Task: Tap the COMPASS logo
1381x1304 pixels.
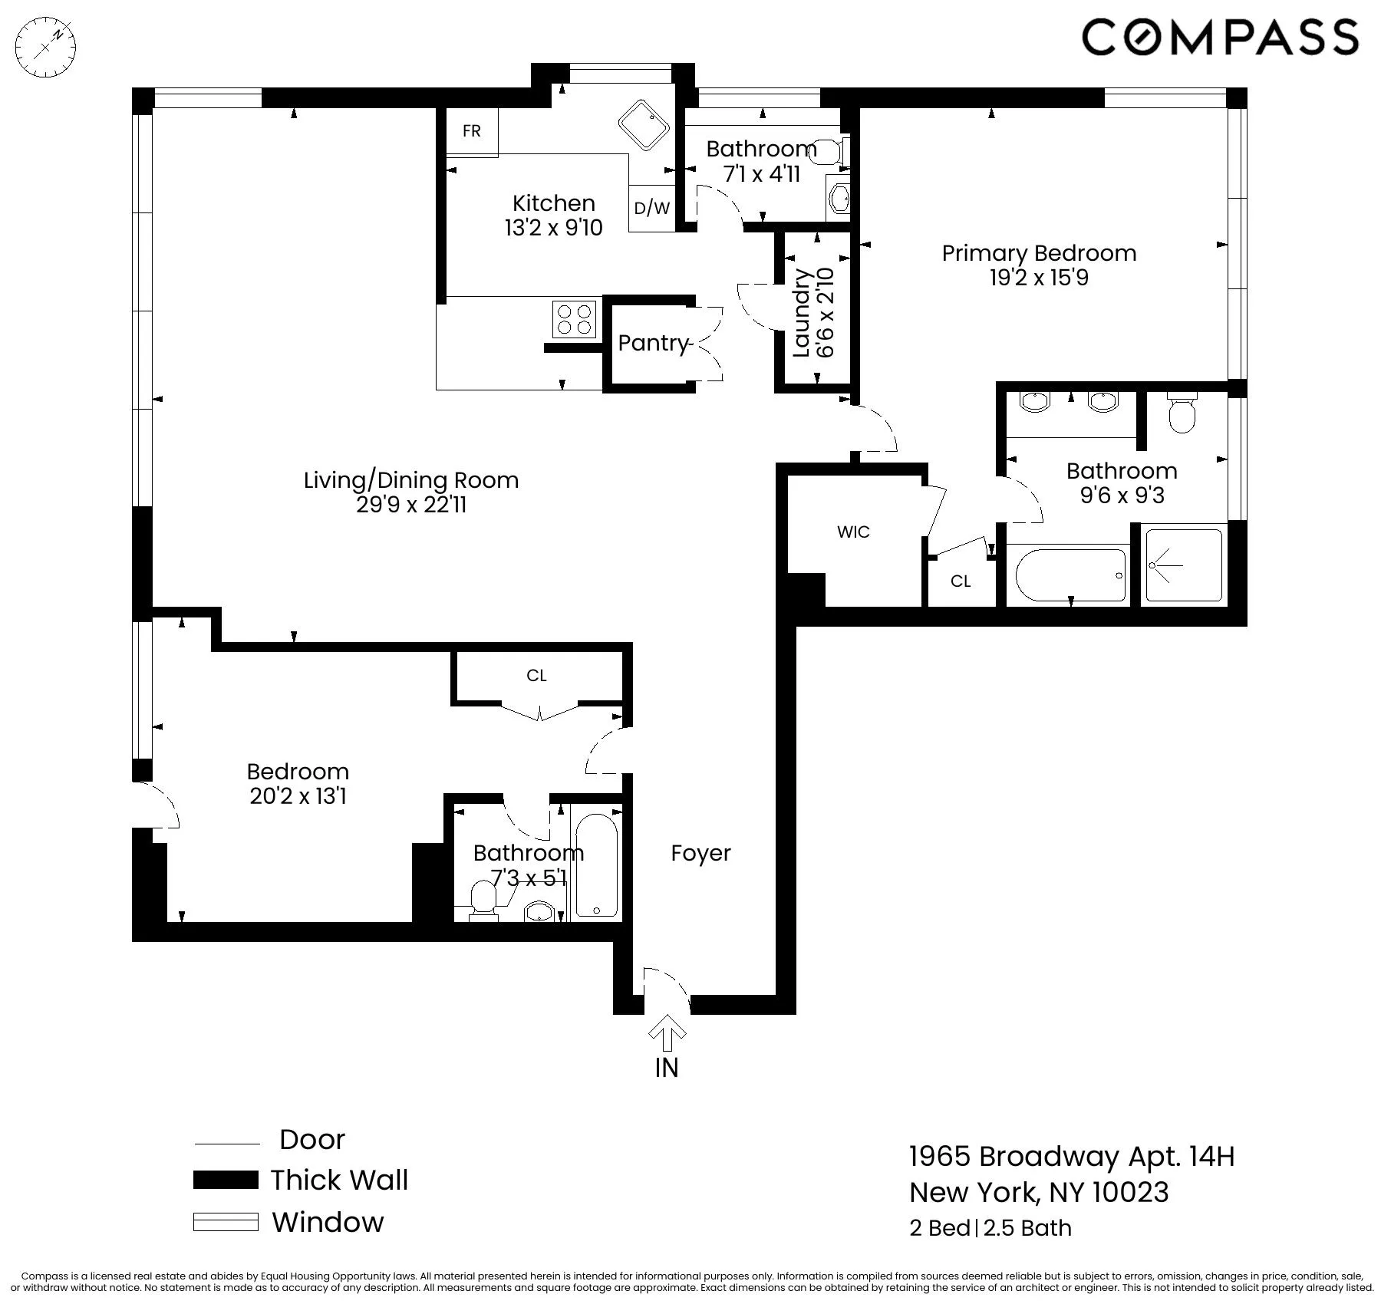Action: tap(1220, 37)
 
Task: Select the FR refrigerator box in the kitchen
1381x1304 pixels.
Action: tap(472, 131)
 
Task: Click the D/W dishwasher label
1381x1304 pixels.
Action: tap(652, 208)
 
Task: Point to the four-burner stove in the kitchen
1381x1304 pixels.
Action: tap(575, 319)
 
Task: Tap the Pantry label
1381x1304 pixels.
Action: tap(653, 343)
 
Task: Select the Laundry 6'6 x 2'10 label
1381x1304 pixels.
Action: tap(813, 312)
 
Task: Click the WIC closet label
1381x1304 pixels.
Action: tap(853, 532)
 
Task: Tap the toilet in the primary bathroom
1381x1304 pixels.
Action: tap(1182, 414)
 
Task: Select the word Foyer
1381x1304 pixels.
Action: tap(700, 853)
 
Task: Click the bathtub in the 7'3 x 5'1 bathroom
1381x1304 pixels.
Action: tap(596, 865)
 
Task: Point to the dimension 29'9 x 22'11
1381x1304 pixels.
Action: tap(411, 505)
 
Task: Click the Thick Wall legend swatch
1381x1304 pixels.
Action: tap(226, 1180)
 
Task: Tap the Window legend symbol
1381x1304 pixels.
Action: tap(226, 1222)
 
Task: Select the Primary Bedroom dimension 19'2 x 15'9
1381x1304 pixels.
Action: tap(1039, 278)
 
